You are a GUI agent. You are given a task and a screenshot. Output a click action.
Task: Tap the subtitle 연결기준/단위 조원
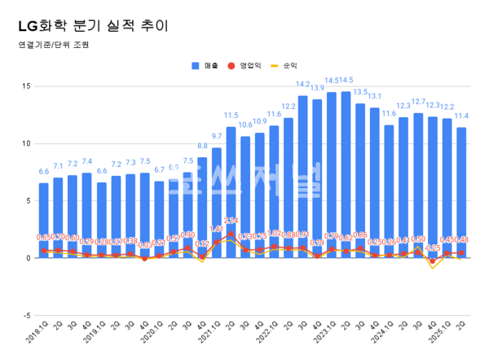tap(51, 45)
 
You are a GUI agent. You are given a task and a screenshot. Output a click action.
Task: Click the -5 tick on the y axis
tap(26, 315)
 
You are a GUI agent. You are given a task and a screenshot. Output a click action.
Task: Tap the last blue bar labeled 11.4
tap(461, 195)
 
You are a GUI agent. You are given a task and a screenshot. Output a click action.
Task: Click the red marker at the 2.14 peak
tap(231, 234)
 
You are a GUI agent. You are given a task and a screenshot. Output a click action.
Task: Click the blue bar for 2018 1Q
tap(44, 220)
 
